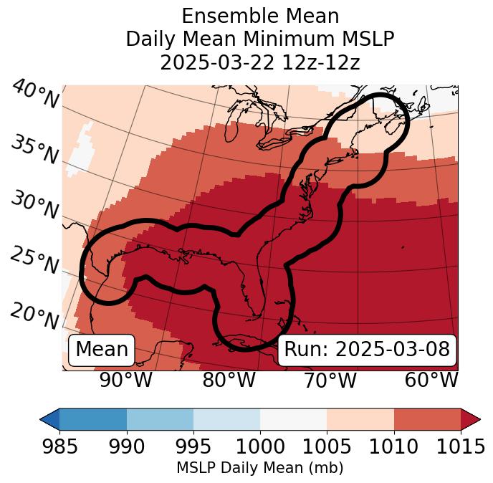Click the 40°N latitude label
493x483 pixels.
[35, 95]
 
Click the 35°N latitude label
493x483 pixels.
[34, 150]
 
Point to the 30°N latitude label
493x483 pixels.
[34, 206]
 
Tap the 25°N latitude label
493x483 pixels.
[34, 261]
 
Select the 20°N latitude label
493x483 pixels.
[34, 316]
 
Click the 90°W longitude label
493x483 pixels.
[126, 380]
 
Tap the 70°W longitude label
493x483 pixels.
[330, 380]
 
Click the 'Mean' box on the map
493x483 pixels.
[102, 350]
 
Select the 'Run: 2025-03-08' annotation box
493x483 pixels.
[367, 350]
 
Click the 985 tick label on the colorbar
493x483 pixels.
[60, 446]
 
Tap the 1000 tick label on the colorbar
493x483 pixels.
[260, 446]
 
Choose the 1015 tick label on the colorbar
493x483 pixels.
[459, 446]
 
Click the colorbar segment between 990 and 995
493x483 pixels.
[160, 419]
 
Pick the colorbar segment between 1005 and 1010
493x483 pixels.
[360, 419]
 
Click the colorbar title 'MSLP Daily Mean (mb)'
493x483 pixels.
[260, 468]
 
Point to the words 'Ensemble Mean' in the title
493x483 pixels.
[260, 16]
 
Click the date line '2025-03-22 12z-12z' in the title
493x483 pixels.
[260, 62]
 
